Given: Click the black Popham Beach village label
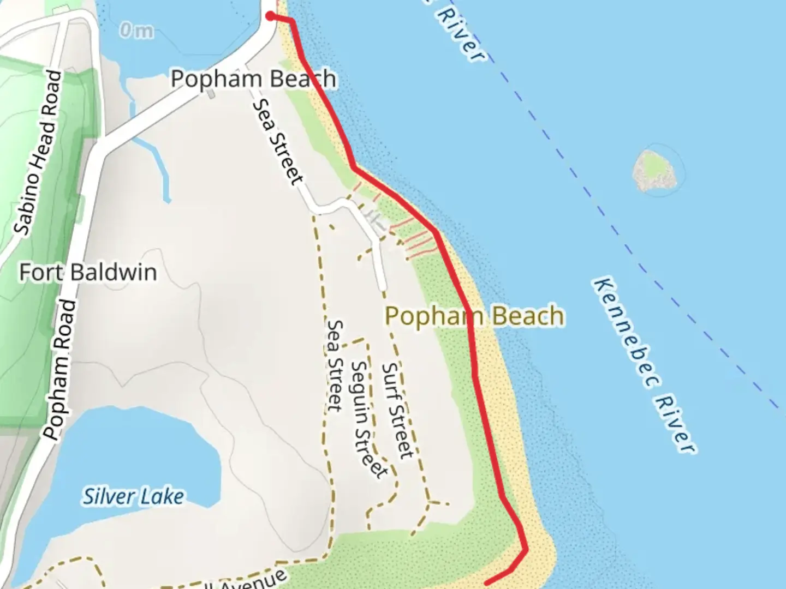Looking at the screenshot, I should pyautogui.click(x=253, y=80).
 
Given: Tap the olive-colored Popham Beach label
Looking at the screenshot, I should pyautogui.click(x=474, y=316).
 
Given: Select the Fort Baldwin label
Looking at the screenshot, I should pyautogui.click(x=88, y=272).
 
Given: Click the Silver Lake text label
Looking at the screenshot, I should pyautogui.click(x=133, y=497).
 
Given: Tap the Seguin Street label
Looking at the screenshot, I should pyautogui.click(x=368, y=419).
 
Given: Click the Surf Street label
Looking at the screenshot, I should pyautogui.click(x=397, y=410).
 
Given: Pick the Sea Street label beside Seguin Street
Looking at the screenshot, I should pyautogui.click(x=334, y=365).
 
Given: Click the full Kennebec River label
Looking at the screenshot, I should pyautogui.click(x=644, y=365).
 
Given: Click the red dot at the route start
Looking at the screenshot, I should pyautogui.click(x=270, y=16).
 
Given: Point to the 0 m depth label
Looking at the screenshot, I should pyautogui.click(x=136, y=31).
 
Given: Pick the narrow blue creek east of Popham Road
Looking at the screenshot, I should pyautogui.click(x=153, y=158).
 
